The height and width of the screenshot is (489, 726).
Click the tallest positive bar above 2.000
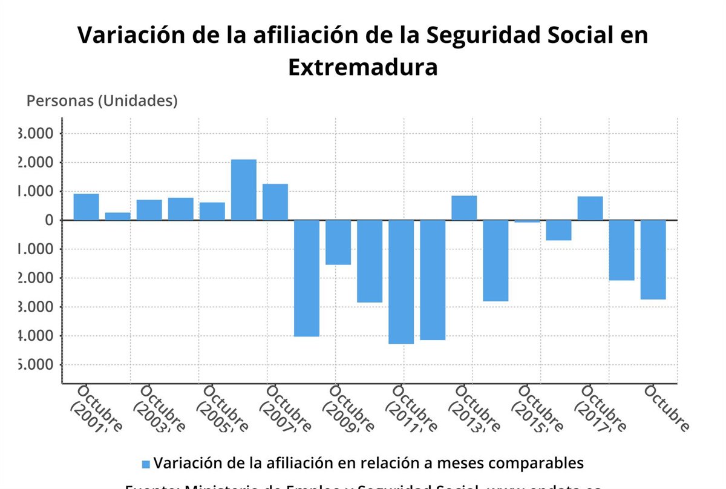(244, 189)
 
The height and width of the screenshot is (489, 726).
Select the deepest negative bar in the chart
(401, 281)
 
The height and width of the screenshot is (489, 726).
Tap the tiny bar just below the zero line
(527, 222)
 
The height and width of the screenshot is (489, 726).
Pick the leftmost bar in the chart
(87, 207)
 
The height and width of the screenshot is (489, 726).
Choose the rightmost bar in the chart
(653, 259)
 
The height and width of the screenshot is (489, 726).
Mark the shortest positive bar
(118, 216)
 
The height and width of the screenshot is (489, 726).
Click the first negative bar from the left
(307, 278)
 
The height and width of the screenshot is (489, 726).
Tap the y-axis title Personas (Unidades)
(102, 101)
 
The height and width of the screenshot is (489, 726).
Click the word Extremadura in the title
(362, 67)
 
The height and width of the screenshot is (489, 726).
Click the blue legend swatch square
(145, 464)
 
